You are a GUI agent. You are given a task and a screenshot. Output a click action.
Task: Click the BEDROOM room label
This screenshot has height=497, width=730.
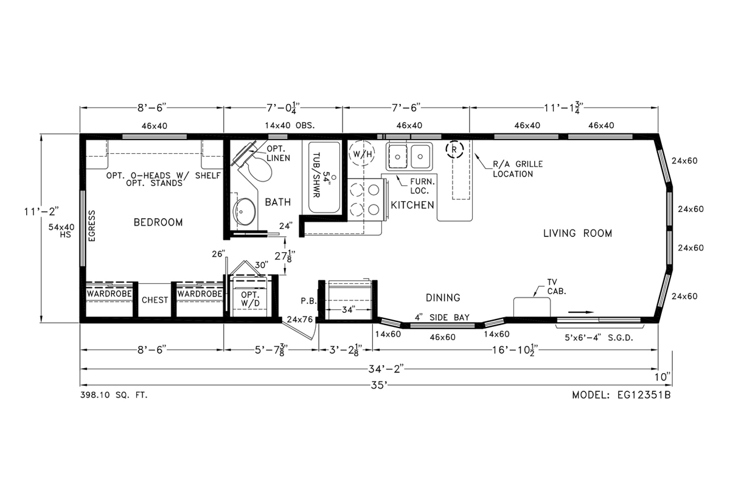point(158,222)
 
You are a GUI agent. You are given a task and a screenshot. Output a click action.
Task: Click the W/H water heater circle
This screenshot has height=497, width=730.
point(362,154)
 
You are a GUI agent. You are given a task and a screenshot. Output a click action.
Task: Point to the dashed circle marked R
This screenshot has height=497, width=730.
point(454,149)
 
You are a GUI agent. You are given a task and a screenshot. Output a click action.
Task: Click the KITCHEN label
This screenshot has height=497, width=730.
point(412,205)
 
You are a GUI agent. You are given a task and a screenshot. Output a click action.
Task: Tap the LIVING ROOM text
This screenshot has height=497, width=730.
point(577,233)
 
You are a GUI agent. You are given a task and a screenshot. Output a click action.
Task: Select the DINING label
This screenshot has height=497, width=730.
point(443,298)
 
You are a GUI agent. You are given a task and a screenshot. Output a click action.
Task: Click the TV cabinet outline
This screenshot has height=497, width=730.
point(532,307)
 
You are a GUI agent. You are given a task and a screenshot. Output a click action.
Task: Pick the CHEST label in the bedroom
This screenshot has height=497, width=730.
point(155,300)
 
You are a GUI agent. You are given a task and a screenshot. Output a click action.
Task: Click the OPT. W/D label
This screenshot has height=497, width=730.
point(250,299)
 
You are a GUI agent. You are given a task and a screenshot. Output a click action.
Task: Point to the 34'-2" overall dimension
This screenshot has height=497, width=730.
point(386,369)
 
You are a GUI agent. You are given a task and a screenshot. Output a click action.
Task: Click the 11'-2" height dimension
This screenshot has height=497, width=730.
point(41,211)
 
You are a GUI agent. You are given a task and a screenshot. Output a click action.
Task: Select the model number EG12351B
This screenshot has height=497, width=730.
point(644,395)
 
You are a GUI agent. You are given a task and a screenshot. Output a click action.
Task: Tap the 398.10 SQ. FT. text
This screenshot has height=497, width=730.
point(114,395)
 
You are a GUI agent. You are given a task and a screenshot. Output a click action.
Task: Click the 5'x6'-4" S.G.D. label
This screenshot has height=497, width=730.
point(599,338)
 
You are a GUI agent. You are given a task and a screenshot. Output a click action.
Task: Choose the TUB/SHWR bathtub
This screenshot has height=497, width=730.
point(324,177)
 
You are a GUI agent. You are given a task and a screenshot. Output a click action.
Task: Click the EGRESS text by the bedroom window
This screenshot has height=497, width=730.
point(92,225)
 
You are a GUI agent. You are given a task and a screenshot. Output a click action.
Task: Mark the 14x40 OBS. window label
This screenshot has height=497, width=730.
point(290,126)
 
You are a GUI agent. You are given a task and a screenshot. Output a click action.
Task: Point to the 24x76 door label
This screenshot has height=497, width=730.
point(300,320)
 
